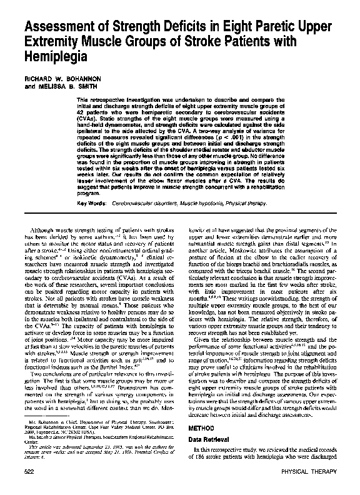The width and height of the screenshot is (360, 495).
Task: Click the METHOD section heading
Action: [x=201, y=429]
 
